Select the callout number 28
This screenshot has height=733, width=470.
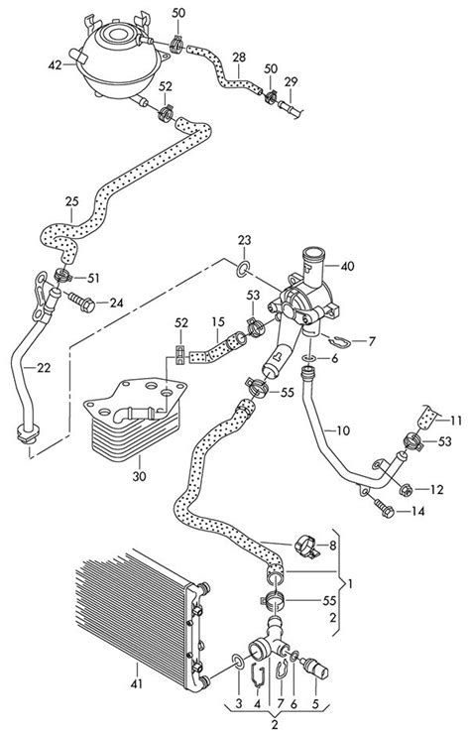[239, 59]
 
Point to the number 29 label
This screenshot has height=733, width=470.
[291, 80]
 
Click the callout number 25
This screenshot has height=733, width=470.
[70, 202]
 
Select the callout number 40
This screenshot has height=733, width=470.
[346, 266]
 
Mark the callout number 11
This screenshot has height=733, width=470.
[457, 419]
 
